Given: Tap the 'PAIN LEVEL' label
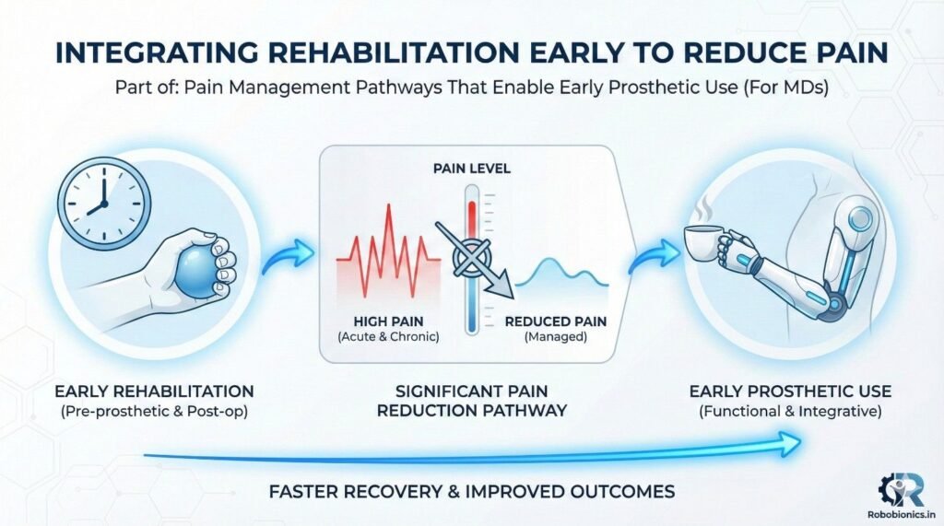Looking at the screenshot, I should click(x=472, y=169).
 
